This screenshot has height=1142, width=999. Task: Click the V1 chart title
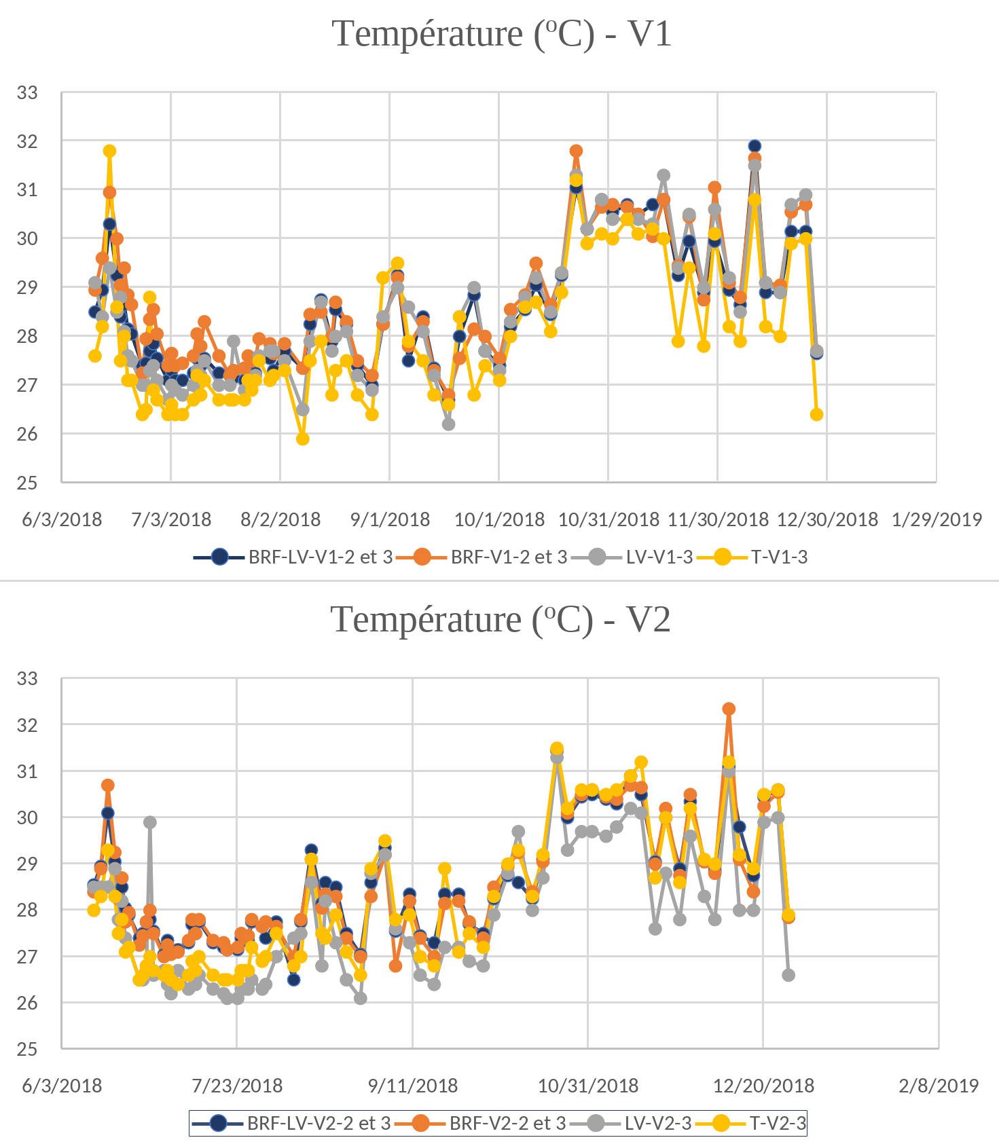502,34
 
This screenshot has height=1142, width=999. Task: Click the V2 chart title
501,620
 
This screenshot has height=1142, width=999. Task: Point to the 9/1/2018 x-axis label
390,520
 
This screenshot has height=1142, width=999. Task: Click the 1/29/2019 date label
937,520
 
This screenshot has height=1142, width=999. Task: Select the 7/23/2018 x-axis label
237,1086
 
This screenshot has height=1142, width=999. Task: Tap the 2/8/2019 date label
939,1086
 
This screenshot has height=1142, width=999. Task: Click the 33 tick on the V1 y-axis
27,93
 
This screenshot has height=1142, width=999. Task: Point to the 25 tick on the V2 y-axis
27,1049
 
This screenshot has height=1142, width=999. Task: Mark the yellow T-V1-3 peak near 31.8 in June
109,151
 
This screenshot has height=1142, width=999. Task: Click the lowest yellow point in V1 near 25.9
303,439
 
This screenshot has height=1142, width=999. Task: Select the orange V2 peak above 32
729,709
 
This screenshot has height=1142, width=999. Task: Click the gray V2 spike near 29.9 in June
150,822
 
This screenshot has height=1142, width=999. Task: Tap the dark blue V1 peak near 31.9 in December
755,146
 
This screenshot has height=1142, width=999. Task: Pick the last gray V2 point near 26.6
788,975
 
